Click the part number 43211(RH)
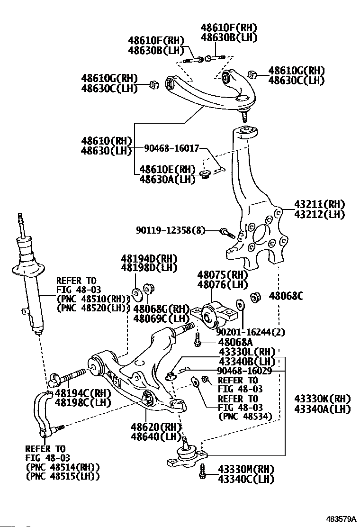coord(316,205)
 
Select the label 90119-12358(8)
coord(171,231)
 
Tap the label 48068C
coord(286,296)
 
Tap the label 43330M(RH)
coord(246,469)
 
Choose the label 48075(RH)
coord(223,275)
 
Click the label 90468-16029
coord(244,371)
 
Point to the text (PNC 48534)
coord(244,417)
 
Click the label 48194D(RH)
coord(149,259)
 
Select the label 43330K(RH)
coord(322,399)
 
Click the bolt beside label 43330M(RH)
coord(203,472)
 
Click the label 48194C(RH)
coord(82,393)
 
